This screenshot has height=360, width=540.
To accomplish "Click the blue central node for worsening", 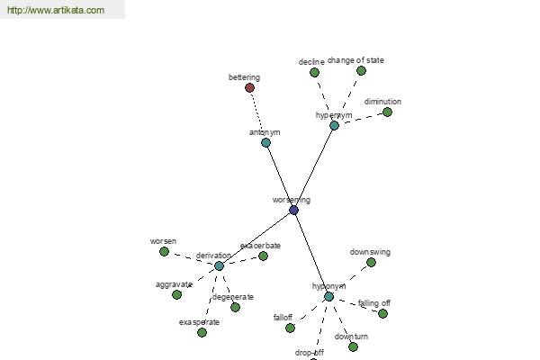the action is coord(293,210).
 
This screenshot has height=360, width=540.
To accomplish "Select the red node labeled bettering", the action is coord(249,88).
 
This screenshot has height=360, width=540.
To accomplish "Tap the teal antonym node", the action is coord(265,142).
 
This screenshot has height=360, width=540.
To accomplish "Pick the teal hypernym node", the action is coord(334,125).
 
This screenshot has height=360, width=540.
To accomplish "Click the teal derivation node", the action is coord(219,266).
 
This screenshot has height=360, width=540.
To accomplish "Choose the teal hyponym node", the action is coord(328,297).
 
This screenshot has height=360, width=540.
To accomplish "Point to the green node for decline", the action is coord(314,72).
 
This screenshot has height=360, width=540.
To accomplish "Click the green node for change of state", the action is coord(361,70).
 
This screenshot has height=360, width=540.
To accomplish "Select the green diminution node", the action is coord(387,112).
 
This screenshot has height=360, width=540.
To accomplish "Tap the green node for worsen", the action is coord(165,251).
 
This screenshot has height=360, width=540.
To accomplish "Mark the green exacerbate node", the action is coord(263,256).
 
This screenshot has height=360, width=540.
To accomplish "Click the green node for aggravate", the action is coord(176,295).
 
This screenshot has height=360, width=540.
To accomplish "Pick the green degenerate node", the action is coord(235,307).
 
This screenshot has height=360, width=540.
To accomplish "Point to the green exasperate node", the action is coord(202,332).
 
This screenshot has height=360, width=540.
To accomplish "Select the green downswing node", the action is coord(371,263).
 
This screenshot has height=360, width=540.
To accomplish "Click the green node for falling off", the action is coord(382,313).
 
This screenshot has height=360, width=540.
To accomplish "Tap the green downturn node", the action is coord(353,346).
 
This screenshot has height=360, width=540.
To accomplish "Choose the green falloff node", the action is coord(291,328).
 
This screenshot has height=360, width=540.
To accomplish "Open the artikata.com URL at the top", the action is coord(56,10).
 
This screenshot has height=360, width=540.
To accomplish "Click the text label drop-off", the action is coord(310,353).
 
